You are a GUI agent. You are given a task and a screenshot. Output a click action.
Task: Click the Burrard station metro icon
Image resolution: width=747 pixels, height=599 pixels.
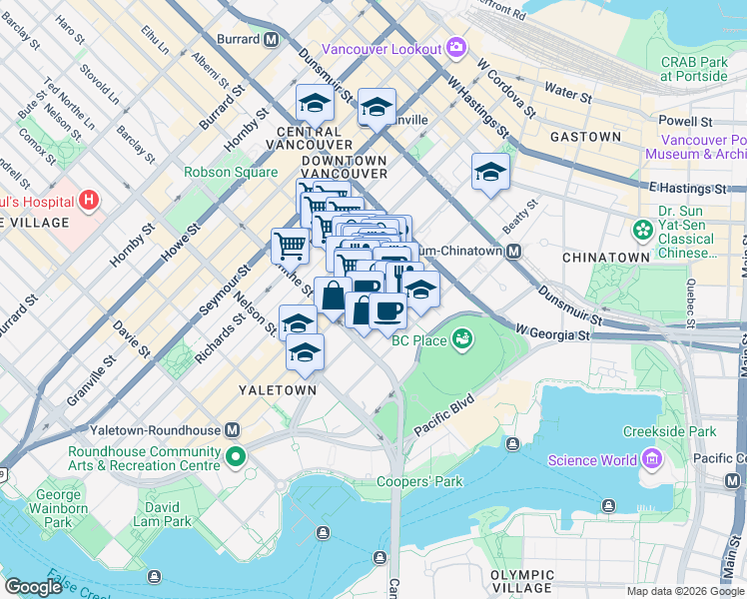[271, 40]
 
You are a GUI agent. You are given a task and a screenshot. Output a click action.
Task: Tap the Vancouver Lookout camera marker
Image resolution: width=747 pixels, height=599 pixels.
[456, 48]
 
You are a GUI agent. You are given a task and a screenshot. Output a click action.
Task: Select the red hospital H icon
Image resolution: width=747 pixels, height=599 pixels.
[90, 200]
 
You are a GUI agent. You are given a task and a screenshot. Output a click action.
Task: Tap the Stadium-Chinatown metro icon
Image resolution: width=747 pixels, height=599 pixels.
[513, 252]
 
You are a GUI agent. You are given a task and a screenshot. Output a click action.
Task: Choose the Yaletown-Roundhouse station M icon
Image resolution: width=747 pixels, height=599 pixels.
[233, 429]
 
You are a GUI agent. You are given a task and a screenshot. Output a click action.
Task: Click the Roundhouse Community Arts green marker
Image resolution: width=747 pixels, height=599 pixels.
[235, 457]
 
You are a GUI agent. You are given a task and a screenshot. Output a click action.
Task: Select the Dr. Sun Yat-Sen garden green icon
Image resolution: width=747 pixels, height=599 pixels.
[642, 232]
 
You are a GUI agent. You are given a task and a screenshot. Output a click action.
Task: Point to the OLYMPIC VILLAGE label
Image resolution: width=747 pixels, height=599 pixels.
[522, 581]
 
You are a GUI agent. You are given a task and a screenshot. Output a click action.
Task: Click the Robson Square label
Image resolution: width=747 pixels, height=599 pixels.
[231, 172]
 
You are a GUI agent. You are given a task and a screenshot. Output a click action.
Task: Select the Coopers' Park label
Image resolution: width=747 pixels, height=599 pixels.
[419, 482]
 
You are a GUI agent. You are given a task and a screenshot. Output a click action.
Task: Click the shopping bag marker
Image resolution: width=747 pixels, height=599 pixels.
[333, 296]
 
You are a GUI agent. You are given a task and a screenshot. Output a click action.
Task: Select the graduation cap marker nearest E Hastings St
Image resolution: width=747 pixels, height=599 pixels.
[490, 172]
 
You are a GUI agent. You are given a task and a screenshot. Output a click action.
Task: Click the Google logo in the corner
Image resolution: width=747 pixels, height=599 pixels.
[33, 587]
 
